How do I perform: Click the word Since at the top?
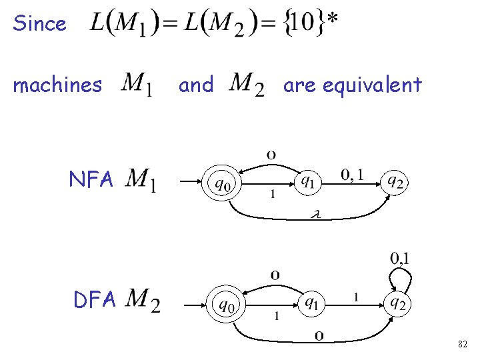point(40,24)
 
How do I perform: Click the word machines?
point(58,85)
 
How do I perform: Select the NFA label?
point(91,179)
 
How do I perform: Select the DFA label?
point(95,300)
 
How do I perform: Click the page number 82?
point(463,344)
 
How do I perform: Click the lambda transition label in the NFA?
point(317,215)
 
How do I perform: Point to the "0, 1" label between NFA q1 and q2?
point(353,174)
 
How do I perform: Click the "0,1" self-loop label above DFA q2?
point(400,257)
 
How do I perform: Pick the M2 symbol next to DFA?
point(143,300)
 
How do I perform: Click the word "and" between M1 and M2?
point(197,85)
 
